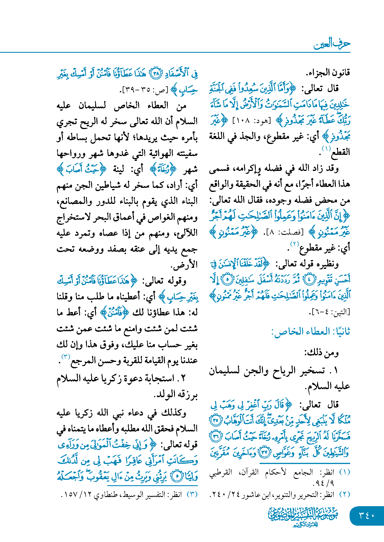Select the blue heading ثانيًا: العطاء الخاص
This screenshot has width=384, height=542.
tap(311, 332)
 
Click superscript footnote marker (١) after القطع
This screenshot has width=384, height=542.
tap(326, 149)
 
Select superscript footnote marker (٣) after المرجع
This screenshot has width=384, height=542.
tap(66, 357)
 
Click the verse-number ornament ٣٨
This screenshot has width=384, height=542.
tap(156, 74)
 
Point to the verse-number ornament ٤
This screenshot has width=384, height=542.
tap(309, 279)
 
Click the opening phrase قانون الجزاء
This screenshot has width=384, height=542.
tap(328, 73)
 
